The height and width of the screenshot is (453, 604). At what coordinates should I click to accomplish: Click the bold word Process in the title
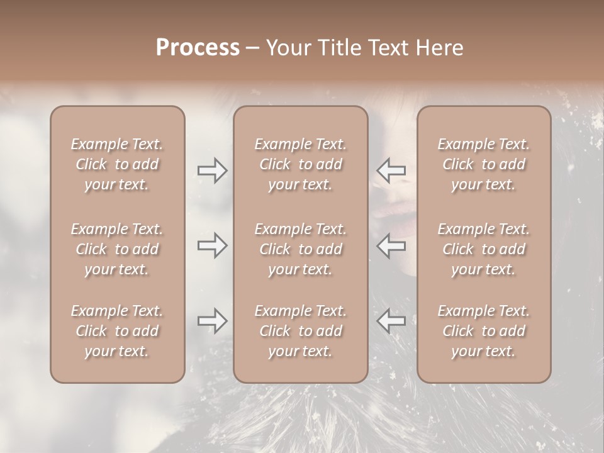(x=198, y=48)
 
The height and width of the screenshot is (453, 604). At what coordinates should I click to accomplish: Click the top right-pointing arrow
(x=212, y=171)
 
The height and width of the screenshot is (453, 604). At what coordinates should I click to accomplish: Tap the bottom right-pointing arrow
(x=212, y=321)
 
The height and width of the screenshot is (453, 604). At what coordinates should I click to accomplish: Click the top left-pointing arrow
(x=391, y=171)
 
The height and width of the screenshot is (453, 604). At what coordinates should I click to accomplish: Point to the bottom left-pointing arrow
(x=391, y=321)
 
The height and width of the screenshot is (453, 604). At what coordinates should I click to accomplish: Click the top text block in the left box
(x=117, y=164)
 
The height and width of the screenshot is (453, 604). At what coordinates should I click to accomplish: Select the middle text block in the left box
(x=117, y=249)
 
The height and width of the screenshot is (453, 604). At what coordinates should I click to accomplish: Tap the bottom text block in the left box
(x=117, y=331)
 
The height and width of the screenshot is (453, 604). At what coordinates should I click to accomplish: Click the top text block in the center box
(x=301, y=164)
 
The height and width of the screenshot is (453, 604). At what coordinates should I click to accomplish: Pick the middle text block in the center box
(x=301, y=249)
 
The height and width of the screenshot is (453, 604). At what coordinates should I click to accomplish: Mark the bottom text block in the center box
(x=301, y=331)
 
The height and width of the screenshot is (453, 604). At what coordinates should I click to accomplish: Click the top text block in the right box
(x=484, y=164)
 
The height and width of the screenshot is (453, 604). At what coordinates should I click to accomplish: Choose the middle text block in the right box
(x=484, y=249)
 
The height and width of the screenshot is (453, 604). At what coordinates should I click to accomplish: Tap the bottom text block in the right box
(x=484, y=331)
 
